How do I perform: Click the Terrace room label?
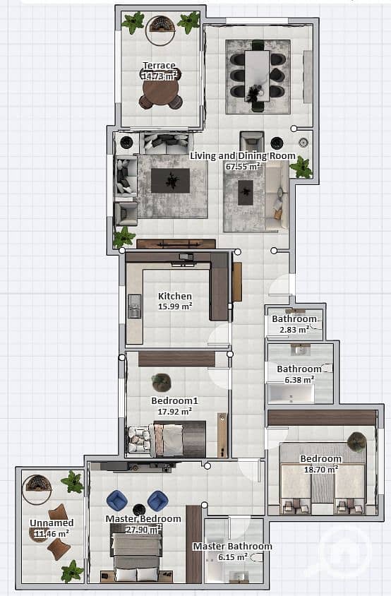[x=160, y=66]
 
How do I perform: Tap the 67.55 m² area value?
[x=243, y=167]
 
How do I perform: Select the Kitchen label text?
[x=175, y=296]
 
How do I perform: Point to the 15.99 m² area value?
[x=175, y=306]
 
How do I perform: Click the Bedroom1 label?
[x=174, y=400]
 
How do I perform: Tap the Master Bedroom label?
[x=143, y=519]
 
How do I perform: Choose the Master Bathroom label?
[x=232, y=546]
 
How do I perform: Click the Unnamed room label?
[x=52, y=523]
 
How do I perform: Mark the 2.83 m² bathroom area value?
[x=294, y=330]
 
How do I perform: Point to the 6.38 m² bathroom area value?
[x=299, y=379]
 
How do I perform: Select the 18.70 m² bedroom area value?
[x=321, y=469]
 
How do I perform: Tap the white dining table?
[x=257, y=76]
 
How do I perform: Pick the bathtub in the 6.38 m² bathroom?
[x=291, y=394]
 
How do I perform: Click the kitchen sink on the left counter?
[x=135, y=306]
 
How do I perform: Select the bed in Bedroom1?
[x=178, y=439]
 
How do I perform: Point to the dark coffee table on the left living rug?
[x=170, y=181]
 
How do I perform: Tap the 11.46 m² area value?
[x=52, y=533]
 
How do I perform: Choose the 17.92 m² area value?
[x=175, y=411]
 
